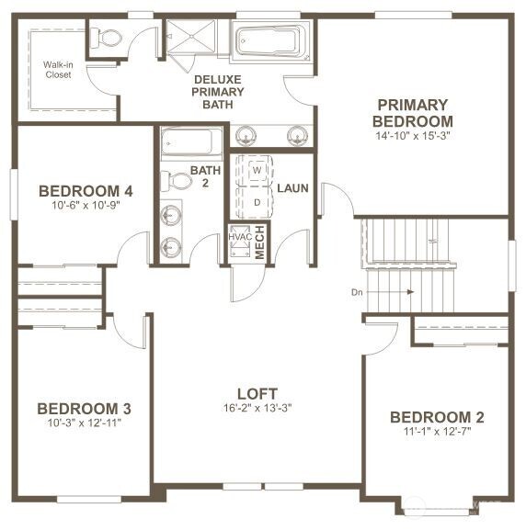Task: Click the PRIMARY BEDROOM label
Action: pos(412,113)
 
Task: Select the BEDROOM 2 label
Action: pos(437,417)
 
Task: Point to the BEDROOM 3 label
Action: pos(84,409)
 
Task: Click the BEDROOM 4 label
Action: pos(86,191)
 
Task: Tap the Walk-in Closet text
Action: pos(59,70)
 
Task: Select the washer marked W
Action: pos(257,171)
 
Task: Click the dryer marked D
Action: pos(257,200)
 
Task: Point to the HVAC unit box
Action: pos(239,237)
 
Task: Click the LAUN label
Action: pos(292,188)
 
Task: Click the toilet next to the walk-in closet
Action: pos(109,39)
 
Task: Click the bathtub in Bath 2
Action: pos(191,142)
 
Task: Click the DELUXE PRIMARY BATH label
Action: pos(218,92)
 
